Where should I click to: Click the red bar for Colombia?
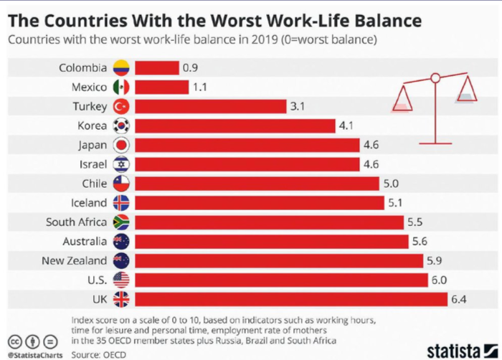[156, 68]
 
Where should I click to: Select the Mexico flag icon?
[121, 87]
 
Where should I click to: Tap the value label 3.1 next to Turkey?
[298, 106]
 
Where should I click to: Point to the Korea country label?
[92, 126]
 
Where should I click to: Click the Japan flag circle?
[121, 145]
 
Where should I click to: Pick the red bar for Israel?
[247, 164]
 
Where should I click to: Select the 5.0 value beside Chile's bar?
[391, 184]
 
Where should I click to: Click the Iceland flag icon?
[121, 203]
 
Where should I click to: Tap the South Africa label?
[76, 222]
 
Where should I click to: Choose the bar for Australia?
[271, 242]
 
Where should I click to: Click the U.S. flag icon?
[121, 280]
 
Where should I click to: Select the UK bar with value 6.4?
[290, 299]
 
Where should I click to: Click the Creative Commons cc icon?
[14, 341]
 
